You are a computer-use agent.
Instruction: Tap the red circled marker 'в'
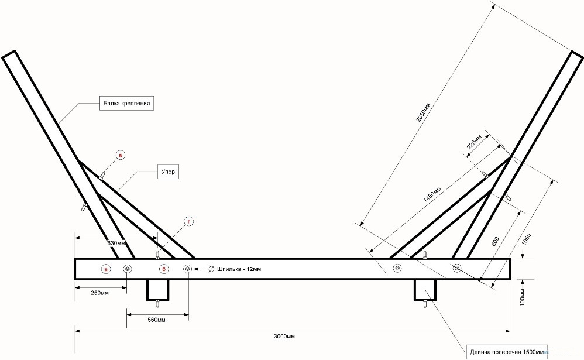120,156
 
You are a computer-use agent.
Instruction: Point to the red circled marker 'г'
188,221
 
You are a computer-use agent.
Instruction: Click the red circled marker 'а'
106,269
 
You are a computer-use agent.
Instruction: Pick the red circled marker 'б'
164,269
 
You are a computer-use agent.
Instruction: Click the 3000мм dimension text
284,337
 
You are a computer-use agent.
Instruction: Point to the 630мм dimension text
116,242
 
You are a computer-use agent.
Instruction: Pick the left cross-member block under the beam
157,289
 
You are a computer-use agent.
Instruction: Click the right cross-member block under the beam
425,289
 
